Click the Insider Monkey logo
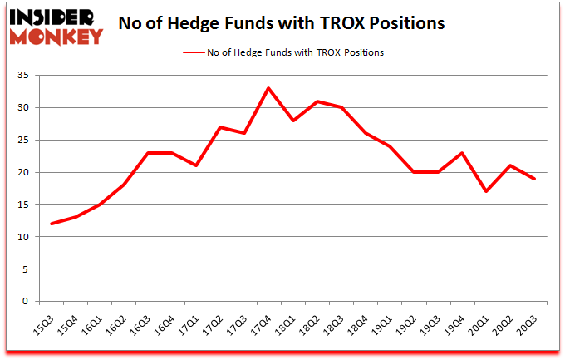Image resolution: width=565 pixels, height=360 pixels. (56, 26)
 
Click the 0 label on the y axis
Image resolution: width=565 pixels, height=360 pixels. (25, 302)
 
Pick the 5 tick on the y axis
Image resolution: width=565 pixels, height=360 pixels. (25, 269)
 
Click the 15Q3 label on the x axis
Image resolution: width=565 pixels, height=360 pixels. (51, 321)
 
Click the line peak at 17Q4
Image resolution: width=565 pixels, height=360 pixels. (268, 88)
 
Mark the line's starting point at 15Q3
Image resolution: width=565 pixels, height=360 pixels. (52, 224)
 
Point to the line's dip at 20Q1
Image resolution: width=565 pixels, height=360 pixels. (485, 191)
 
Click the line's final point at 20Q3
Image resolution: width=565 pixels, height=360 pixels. (533, 179)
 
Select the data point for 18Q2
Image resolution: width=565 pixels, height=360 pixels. (317, 101)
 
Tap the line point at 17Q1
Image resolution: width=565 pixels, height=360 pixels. (196, 165)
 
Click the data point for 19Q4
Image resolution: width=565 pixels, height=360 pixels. (461, 153)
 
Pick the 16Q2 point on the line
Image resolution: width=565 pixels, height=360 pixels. (124, 185)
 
